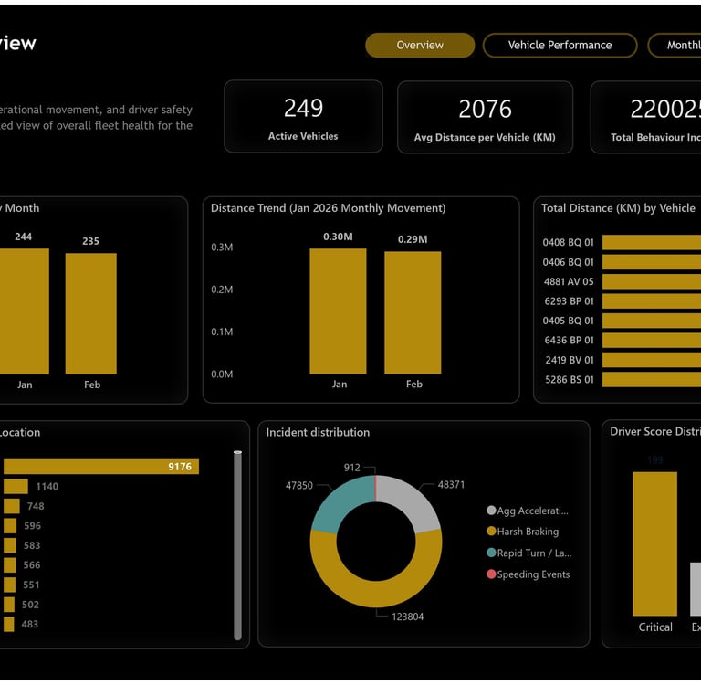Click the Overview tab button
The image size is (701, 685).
pyautogui.click(x=420, y=46)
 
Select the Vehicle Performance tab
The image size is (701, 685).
pyautogui.click(x=560, y=46)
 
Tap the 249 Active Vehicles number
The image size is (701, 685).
pyautogui.click(x=303, y=109)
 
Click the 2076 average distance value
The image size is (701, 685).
pyautogui.click(x=485, y=110)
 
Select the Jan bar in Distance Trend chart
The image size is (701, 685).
pyautogui.click(x=338, y=311)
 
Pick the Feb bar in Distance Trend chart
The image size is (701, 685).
pyautogui.click(x=413, y=312)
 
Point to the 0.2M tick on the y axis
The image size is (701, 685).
pyautogui.click(x=222, y=290)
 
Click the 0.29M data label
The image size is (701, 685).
pyautogui.click(x=413, y=240)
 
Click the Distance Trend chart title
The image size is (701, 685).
pyautogui.click(x=328, y=208)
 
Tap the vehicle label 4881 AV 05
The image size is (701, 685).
pyautogui.click(x=569, y=282)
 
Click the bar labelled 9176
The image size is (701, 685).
pyautogui.click(x=100, y=467)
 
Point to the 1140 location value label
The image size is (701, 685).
pyautogui.click(x=47, y=487)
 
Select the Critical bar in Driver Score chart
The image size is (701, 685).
pyautogui.click(x=654, y=543)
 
